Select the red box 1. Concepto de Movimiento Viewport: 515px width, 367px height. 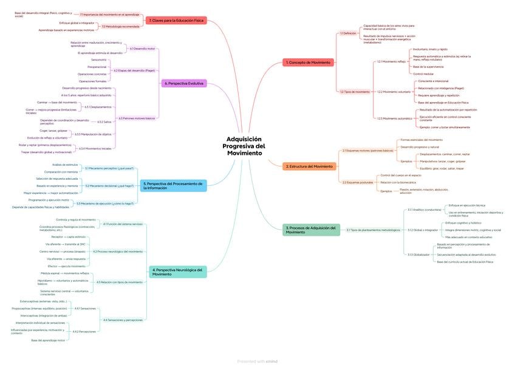[x=308, y=63]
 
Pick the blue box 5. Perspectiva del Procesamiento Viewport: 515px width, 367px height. [x=174, y=185]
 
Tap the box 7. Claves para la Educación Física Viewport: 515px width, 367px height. [x=176, y=21]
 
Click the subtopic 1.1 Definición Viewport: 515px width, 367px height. [x=348, y=33]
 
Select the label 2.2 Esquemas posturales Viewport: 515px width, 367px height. [x=357, y=182]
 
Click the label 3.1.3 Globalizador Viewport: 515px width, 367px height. [x=418, y=254]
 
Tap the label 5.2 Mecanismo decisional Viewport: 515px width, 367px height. [x=109, y=185]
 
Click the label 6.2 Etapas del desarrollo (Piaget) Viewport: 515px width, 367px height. [x=134, y=70]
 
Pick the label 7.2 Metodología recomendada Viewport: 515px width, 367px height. [x=120, y=26]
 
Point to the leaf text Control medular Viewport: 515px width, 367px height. [x=423, y=74]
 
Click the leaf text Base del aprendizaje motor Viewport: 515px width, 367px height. [x=48, y=340]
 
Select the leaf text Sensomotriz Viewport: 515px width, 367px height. [x=99, y=60]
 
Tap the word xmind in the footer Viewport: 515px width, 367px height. [x=271, y=361]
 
